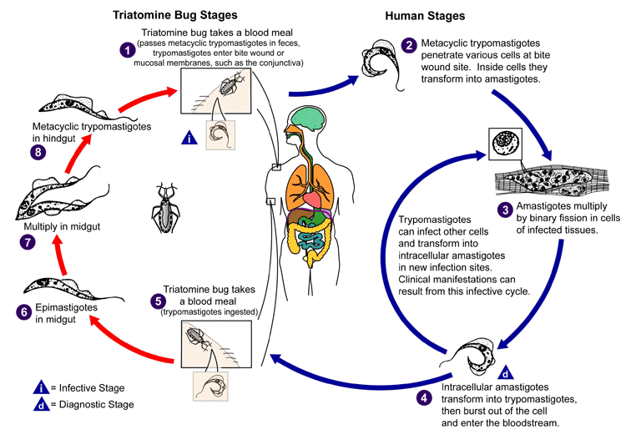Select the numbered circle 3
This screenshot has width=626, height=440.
[503, 210]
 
